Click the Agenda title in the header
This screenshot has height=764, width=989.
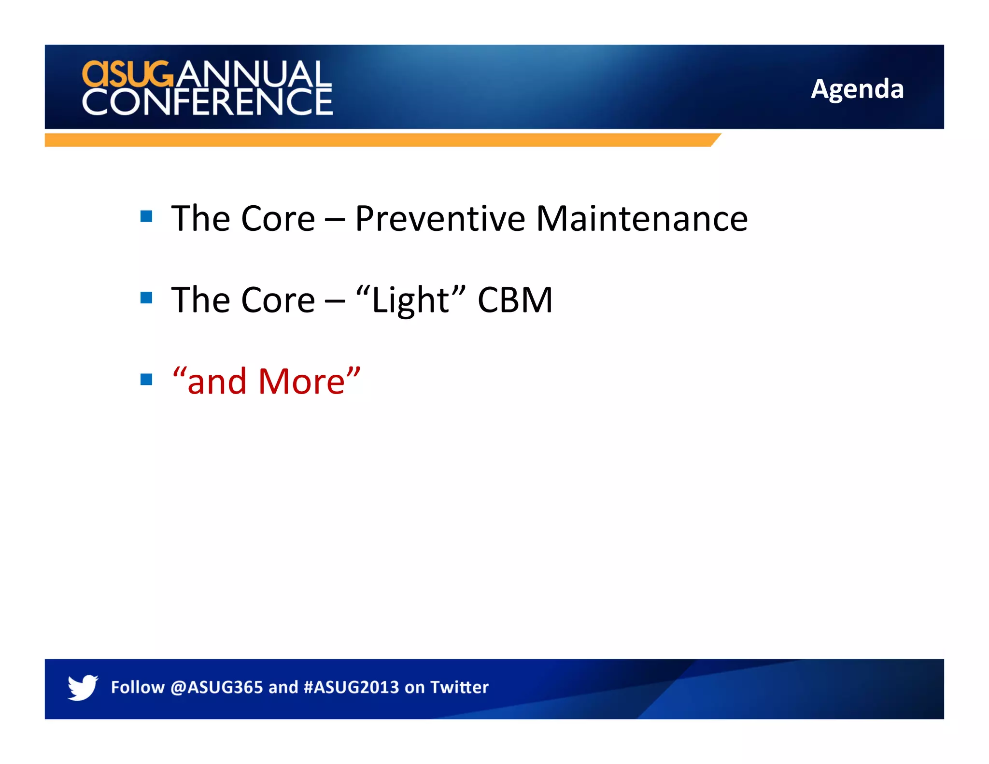point(857,89)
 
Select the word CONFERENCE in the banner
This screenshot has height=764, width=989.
point(207,102)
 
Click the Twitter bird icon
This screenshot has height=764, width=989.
point(83,687)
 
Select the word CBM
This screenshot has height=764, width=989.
point(515,300)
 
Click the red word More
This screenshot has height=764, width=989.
point(301,382)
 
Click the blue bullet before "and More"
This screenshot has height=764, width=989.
point(146,379)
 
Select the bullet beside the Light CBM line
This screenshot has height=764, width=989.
point(146,297)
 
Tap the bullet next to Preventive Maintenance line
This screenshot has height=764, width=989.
point(146,216)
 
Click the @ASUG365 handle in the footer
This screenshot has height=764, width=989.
point(216,687)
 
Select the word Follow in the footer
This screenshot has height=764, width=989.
point(138,687)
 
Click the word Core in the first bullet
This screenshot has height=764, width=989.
point(278,219)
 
